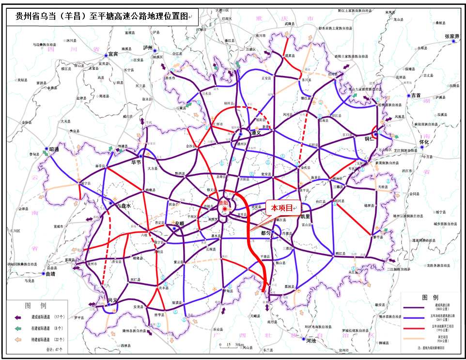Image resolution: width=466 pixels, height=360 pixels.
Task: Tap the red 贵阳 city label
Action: pos(224,203)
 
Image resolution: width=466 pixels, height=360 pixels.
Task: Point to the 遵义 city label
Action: pos(256,132)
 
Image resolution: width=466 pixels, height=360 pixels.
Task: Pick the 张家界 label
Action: pos(452,36)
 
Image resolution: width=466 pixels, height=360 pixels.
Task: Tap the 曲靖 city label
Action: pos(50,274)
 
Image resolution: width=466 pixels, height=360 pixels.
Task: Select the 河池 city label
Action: pos(311,341)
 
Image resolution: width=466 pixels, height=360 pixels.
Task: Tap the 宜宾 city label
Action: pos(114,54)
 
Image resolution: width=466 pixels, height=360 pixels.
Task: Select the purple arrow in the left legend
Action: pos(19,317)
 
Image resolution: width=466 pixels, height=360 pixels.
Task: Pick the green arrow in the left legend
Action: pos(19,329)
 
